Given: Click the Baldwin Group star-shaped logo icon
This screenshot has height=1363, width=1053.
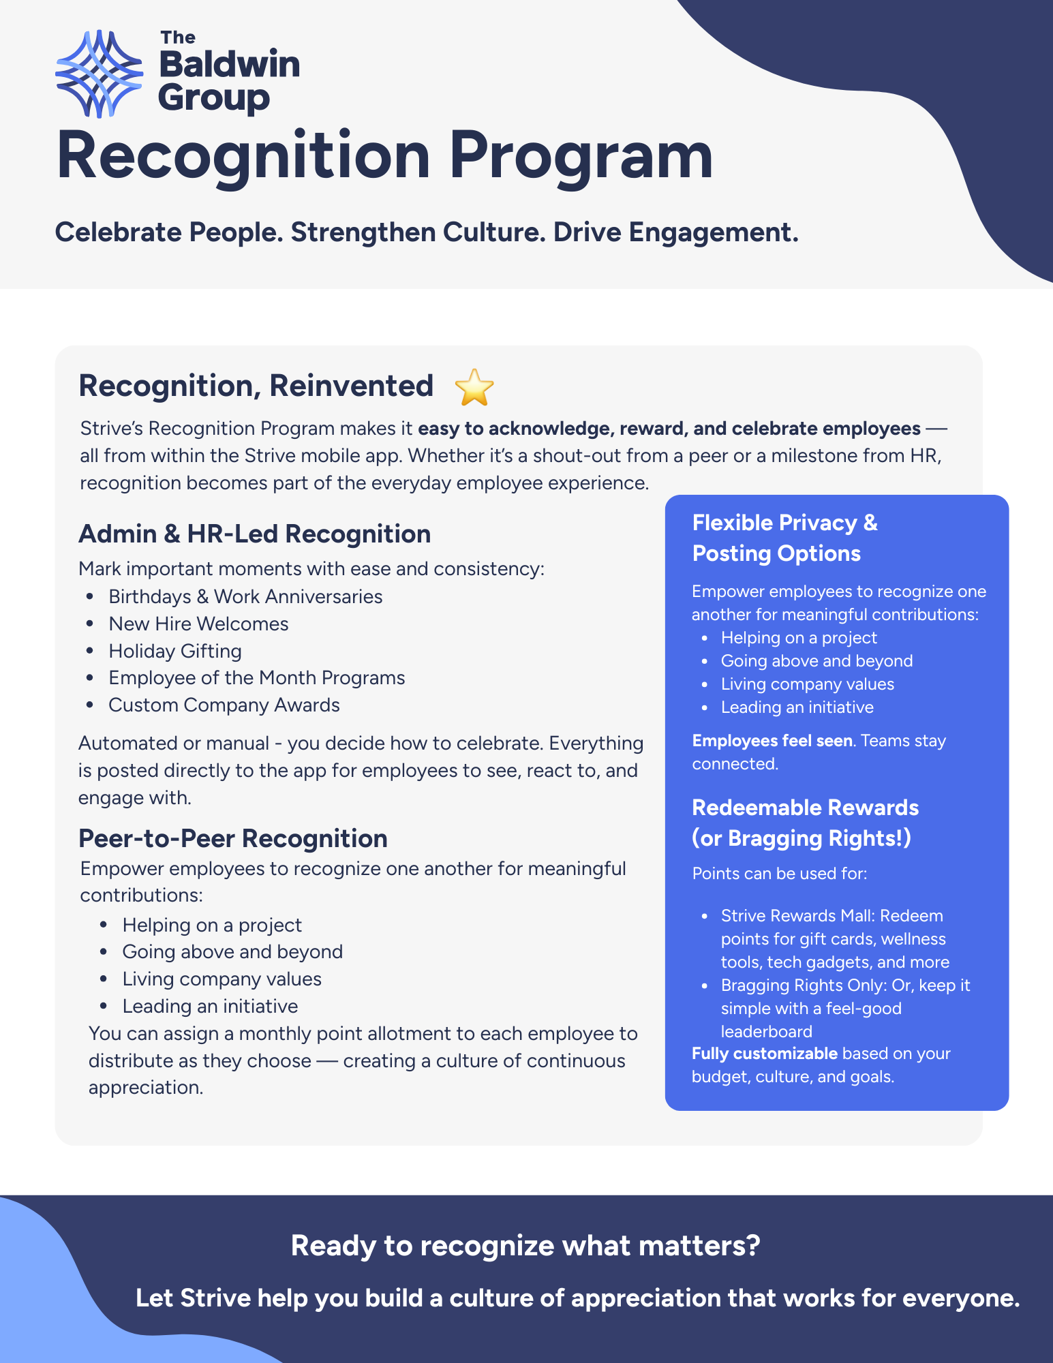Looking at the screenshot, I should coord(100,74).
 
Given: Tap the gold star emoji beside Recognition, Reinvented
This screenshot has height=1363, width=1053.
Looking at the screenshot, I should coord(474,387).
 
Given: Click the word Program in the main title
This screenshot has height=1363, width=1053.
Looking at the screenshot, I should coord(581,157).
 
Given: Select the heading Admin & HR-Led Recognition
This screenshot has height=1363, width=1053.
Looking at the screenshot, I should coord(254,534).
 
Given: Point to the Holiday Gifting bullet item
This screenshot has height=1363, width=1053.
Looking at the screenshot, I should coord(175,651).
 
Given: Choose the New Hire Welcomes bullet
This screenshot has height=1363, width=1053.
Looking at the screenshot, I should coord(198,624).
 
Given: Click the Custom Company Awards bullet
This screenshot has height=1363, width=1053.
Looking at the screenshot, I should coord(224,705).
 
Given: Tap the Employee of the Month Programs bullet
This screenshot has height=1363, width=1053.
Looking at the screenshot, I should coord(256,677).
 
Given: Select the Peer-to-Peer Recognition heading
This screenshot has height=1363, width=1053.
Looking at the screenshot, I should coord(232,838).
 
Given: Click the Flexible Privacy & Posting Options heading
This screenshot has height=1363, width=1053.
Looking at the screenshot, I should coord(784,538).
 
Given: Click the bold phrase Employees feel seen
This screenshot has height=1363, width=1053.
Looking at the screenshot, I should coord(772,741).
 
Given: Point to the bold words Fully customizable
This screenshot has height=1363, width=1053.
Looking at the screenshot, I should coord(764,1054).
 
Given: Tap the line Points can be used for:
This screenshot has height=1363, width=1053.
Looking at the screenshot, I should coord(779,874).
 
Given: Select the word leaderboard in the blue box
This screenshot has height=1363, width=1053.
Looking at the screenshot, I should coord(766,1031).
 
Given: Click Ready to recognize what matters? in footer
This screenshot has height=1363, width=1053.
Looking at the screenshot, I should coord(525,1246).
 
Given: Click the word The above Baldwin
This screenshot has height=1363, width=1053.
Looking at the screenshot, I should coord(178,37).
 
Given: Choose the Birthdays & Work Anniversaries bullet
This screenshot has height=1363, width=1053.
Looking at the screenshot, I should coord(245,596).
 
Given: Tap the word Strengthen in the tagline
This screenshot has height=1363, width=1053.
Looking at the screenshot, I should coord(363,232).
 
